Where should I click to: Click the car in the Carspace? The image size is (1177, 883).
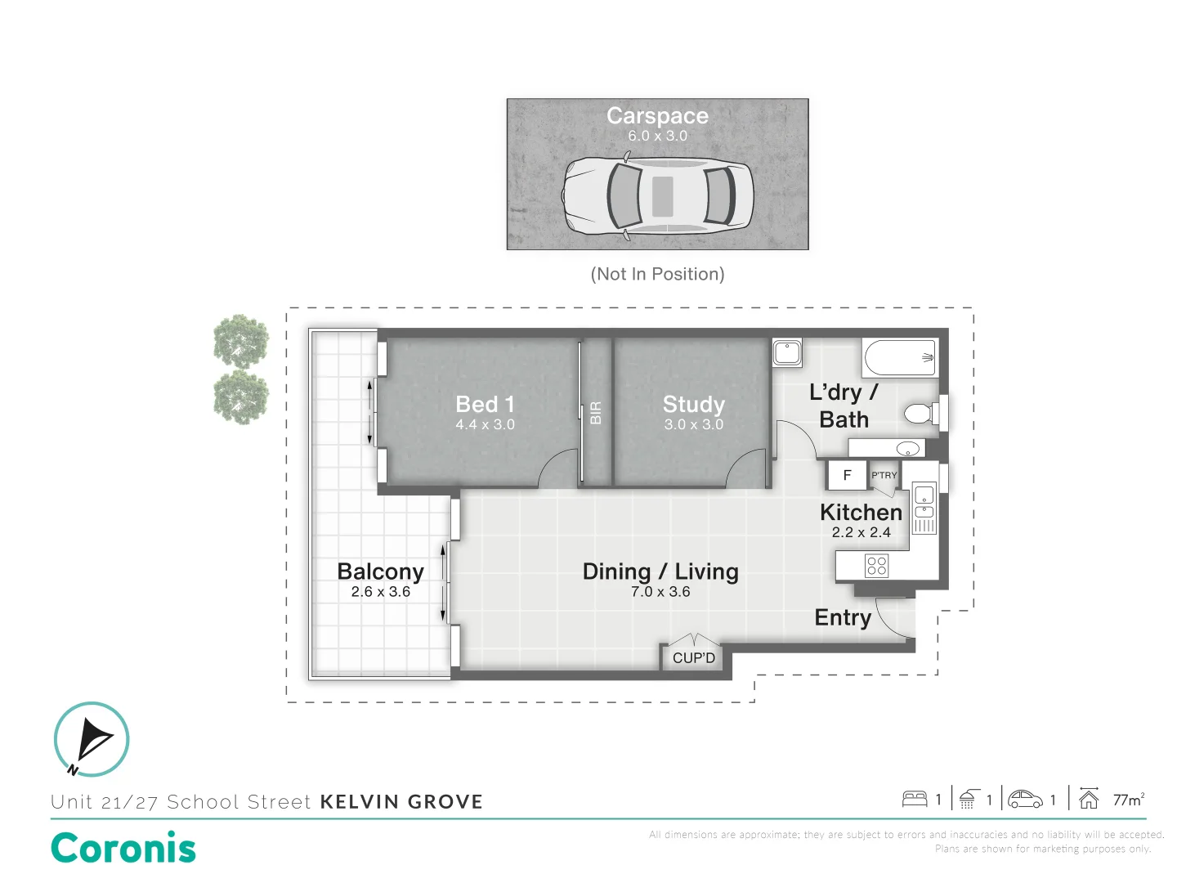pyautogui.click(x=657, y=197)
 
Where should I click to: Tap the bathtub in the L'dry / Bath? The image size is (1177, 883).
pyautogui.click(x=900, y=358)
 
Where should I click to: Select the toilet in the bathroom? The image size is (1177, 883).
pyautogui.click(x=921, y=414)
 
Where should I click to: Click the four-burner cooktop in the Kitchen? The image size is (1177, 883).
pyautogui.click(x=877, y=566)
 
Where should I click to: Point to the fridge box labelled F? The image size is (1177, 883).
pyautogui.click(x=847, y=475)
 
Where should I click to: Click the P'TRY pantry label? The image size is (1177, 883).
pyautogui.click(x=884, y=475)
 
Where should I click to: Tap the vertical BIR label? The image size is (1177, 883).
pyautogui.click(x=596, y=413)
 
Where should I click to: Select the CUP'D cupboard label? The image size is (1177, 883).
pyautogui.click(x=694, y=658)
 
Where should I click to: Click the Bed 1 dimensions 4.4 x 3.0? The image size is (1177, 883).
pyautogui.click(x=485, y=424)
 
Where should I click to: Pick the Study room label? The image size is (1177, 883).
pyautogui.click(x=693, y=405)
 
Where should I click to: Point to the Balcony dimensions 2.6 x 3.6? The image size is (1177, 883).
pyautogui.click(x=381, y=592)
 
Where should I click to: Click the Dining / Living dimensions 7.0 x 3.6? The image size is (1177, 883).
pyautogui.click(x=660, y=592)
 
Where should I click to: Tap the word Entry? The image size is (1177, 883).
pyautogui.click(x=843, y=617)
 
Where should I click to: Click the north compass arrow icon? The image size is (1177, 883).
pyautogui.click(x=92, y=739)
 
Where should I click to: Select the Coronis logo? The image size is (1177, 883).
pyautogui.click(x=123, y=848)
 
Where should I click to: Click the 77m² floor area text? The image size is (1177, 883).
pyautogui.click(x=1128, y=800)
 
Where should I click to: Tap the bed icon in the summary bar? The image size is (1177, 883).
pyautogui.click(x=915, y=799)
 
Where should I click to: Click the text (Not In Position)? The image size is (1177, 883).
pyautogui.click(x=657, y=274)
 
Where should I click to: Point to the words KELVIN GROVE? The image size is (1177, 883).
pyautogui.click(x=401, y=802)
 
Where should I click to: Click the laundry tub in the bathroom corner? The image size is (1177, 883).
pyautogui.click(x=787, y=352)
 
